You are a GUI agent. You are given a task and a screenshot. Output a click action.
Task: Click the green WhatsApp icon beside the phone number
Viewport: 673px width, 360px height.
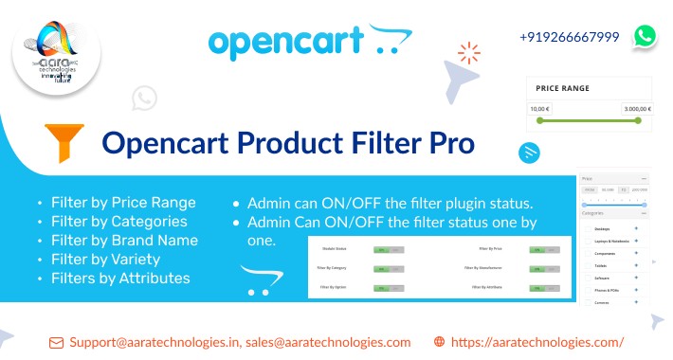click(645, 36)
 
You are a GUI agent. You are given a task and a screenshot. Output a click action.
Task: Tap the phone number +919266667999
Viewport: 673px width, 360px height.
click(569, 37)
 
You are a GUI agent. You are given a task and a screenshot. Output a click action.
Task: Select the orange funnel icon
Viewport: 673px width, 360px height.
click(64, 143)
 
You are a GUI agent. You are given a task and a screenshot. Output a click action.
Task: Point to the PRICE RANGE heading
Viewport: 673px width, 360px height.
click(562, 88)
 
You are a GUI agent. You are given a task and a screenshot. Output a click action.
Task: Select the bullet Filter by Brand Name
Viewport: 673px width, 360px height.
click(118, 241)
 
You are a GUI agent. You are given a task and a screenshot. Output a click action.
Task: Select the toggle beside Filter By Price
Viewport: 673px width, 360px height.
click(540, 250)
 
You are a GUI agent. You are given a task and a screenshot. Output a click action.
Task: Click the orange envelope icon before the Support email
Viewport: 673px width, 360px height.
click(56, 342)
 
